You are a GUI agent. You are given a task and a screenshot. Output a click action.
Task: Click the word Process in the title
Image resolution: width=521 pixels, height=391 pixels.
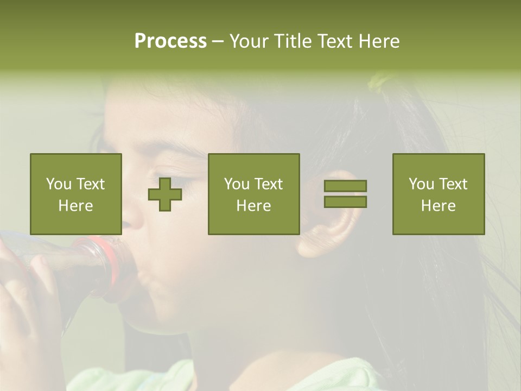pyautogui.click(x=170, y=41)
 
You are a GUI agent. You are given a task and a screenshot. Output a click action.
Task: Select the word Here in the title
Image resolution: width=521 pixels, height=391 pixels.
pyautogui.click(x=378, y=41)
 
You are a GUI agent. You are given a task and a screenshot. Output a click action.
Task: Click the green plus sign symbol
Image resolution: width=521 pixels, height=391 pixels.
pyautogui.click(x=165, y=194)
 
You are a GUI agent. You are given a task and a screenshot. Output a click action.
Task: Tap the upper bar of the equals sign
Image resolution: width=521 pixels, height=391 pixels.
pyautogui.click(x=345, y=186)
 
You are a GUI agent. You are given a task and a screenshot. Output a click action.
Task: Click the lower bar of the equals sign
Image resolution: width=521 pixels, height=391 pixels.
pyautogui.click(x=345, y=201)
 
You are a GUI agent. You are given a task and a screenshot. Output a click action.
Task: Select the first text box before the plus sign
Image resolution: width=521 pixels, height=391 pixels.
pyautogui.click(x=76, y=194)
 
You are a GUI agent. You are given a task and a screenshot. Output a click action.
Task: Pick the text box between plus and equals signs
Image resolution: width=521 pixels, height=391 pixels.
pyautogui.click(x=254, y=194)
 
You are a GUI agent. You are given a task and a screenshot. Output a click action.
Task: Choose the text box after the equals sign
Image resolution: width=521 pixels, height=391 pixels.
pyautogui.click(x=439, y=194)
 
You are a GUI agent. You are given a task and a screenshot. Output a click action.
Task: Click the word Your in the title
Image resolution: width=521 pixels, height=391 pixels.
pyautogui.click(x=249, y=41)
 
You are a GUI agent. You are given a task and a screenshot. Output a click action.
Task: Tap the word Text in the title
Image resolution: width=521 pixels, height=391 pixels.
pyautogui.click(x=334, y=41)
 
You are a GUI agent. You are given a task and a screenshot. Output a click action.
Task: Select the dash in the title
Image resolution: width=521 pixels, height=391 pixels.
pyautogui.click(x=218, y=41)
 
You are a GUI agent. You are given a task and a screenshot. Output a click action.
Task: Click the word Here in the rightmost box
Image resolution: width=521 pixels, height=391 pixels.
pyautogui.click(x=439, y=206)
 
